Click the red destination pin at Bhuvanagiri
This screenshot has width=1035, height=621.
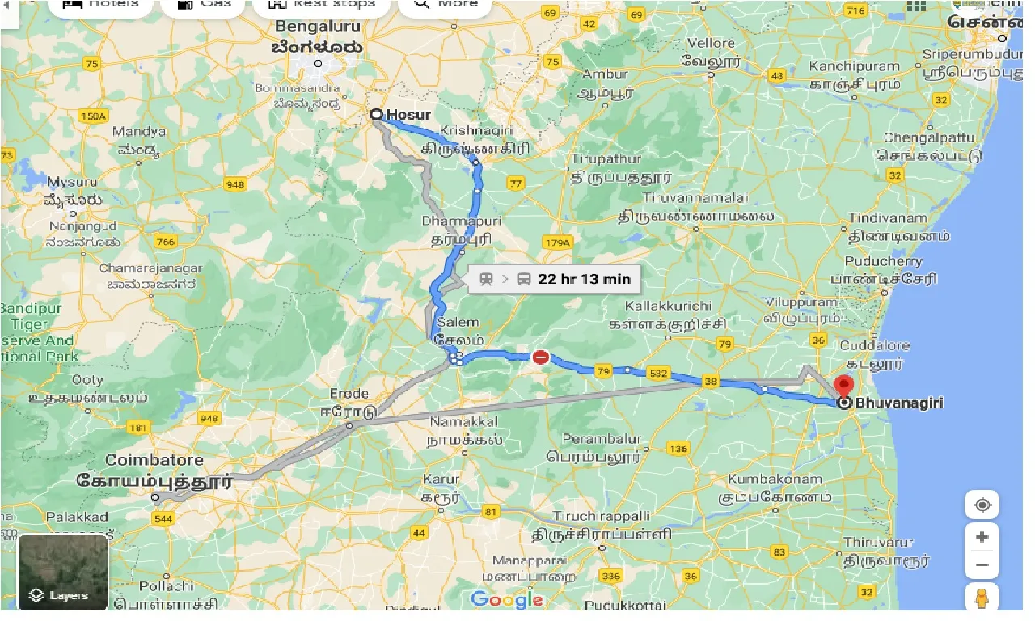tap(844, 387)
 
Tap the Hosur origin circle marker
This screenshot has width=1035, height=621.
tap(376, 115)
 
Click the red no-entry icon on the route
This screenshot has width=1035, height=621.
tap(540, 357)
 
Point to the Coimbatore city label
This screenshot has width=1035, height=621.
tap(154, 460)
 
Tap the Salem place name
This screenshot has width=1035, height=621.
tap(458, 323)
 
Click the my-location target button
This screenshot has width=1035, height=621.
tap(982, 505)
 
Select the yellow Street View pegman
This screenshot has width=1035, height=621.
tap(982, 598)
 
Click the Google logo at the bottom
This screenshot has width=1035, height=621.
tap(507, 599)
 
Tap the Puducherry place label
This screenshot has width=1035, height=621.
tap(883, 261)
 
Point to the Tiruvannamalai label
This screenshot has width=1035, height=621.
tap(696, 197)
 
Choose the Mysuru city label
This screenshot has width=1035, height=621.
tap(73, 182)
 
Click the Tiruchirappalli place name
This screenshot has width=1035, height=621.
tap(602, 516)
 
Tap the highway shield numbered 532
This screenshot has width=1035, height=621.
tap(657, 374)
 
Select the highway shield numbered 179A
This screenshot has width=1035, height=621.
tap(558, 242)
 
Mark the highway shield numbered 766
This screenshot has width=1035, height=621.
tap(165, 242)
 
